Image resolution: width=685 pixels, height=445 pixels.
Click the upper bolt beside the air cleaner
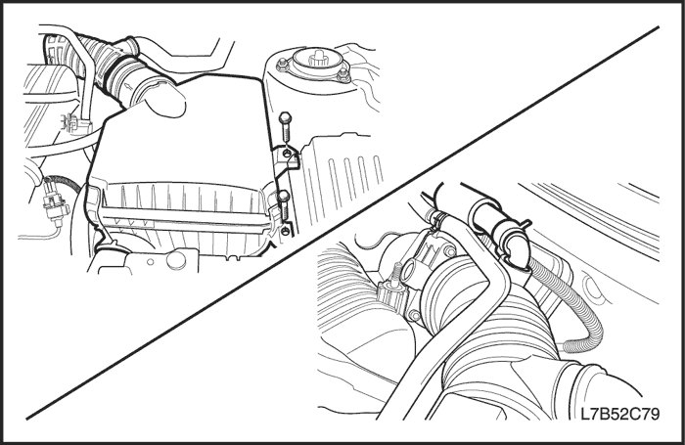pos(284,127)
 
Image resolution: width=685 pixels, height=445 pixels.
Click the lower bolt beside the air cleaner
pos(284,205)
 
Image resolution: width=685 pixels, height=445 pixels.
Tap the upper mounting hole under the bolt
pos(286,154)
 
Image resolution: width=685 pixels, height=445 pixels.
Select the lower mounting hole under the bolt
pos(286,231)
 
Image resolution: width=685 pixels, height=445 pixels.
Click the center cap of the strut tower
pos(317,59)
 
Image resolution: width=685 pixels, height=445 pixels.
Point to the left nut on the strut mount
pos(282,66)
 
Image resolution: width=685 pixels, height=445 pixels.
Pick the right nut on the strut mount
pos(344,74)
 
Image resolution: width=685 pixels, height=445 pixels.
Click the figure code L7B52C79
pos(619,414)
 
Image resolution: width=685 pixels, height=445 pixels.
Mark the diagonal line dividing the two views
pos(342,223)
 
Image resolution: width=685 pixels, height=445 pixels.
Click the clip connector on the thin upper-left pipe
pos(72,122)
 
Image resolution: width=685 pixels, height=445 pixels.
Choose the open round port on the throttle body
pos(409,272)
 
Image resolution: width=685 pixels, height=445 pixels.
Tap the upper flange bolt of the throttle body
pos(448,251)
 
